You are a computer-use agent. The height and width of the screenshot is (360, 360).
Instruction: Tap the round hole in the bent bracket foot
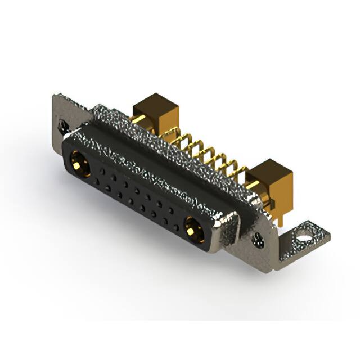(x=305, y=231)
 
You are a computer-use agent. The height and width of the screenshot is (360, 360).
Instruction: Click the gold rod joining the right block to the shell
(x=253, y=186)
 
